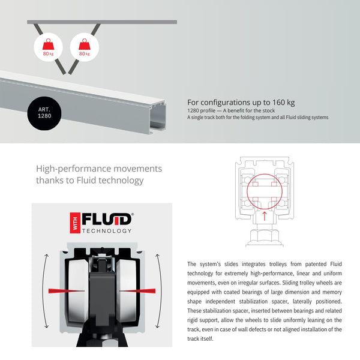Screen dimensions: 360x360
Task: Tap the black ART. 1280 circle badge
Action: pyautogui.click(x=44, y=113)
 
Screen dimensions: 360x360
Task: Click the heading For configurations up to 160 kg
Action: pyautogui.click(x=241, y=102)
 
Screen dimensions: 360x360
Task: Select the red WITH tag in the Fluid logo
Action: pyautogui.click(x=75, y=223)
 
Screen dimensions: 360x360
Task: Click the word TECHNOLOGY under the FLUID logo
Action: pyautogui.click(x=107, y=231)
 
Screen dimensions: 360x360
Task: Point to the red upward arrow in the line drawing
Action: pyautogui.click(x=264, y=216)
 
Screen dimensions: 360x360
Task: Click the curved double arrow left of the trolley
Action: pyautogui.click(x=44, y=291)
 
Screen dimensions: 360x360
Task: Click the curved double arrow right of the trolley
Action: pyautogui.click(x=160, y=291)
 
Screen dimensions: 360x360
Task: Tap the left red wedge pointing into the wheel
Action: pyautogui.click(x=66, y=291)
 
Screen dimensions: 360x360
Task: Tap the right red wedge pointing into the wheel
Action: pyautogui.click(x=137, y=291)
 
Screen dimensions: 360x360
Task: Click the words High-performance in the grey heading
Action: pyautogui.click(x=74, y=169)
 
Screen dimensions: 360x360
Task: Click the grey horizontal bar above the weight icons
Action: pyautogui.click(x=102, y=22)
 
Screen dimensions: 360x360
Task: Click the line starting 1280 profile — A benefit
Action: pyautogui.click(x=231, y=110)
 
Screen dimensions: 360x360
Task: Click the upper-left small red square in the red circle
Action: pyautogui.click(x=256, y=184)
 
